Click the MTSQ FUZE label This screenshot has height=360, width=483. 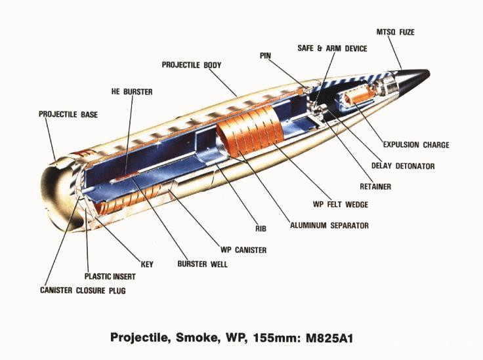pos(395,32)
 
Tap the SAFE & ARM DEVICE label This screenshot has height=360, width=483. pos(332,49)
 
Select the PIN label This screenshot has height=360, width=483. pos(265,56)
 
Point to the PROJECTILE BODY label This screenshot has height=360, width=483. pos(192,65)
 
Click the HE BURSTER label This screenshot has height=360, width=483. pos(132,92)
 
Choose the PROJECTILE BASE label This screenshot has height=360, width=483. pos(68,115)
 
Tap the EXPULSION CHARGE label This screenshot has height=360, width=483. pos(416,145)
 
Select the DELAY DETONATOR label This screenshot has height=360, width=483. pos(403,166)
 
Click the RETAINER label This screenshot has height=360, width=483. pos(375,186)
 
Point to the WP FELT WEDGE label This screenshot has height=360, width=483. pos(341,205)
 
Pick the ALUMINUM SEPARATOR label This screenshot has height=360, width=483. pos(329,225)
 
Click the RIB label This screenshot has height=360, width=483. pos(261,229)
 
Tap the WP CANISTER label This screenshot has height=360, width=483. pos(243,250)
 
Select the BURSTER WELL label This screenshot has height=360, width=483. pos(202,264)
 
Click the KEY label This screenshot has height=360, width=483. pos(147,264)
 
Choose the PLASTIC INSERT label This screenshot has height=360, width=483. pos(110,276)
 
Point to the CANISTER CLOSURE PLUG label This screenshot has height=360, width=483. pos(83,290)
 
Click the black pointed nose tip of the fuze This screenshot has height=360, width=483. pos(429,73)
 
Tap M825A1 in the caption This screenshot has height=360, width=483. pos(329,338)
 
